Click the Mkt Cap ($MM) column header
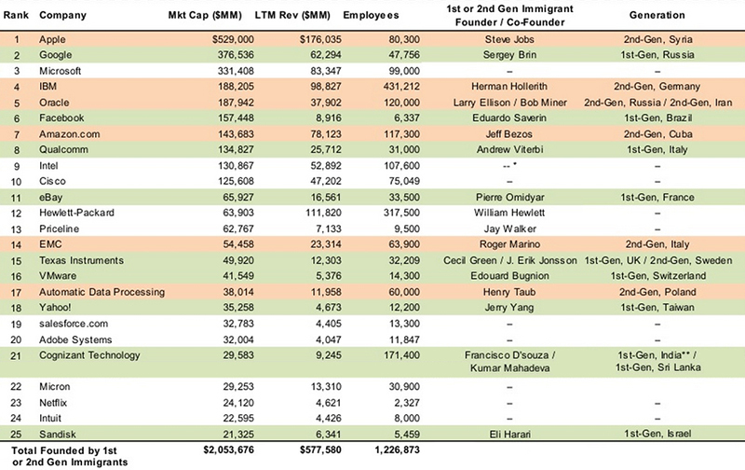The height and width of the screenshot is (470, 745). click(205, 15)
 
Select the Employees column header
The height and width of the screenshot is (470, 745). click(371, 15)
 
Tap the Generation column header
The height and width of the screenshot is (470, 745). click(657, 15)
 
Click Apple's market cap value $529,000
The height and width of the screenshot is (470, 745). click(233, 39)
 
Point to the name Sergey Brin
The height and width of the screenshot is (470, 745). click(509, 55)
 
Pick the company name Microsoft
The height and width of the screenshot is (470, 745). click(60, 71)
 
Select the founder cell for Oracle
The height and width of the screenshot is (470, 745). click(509, 103)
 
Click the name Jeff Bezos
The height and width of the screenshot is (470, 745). click(508, 134)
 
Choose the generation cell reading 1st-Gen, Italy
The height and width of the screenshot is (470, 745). click(657, 150)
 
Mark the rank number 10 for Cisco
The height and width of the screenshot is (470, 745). click(16, 182)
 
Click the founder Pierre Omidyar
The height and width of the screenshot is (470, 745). click(509, 198)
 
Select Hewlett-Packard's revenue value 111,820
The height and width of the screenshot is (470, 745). click(323, 213)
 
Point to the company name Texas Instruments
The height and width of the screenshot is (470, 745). click(81, 260)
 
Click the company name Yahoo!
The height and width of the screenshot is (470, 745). click(55, 308)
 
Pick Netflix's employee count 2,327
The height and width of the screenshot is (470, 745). click(407, 403)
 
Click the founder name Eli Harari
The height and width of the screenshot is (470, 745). click(509, 434)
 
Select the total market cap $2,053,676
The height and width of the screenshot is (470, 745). click(228, 449)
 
